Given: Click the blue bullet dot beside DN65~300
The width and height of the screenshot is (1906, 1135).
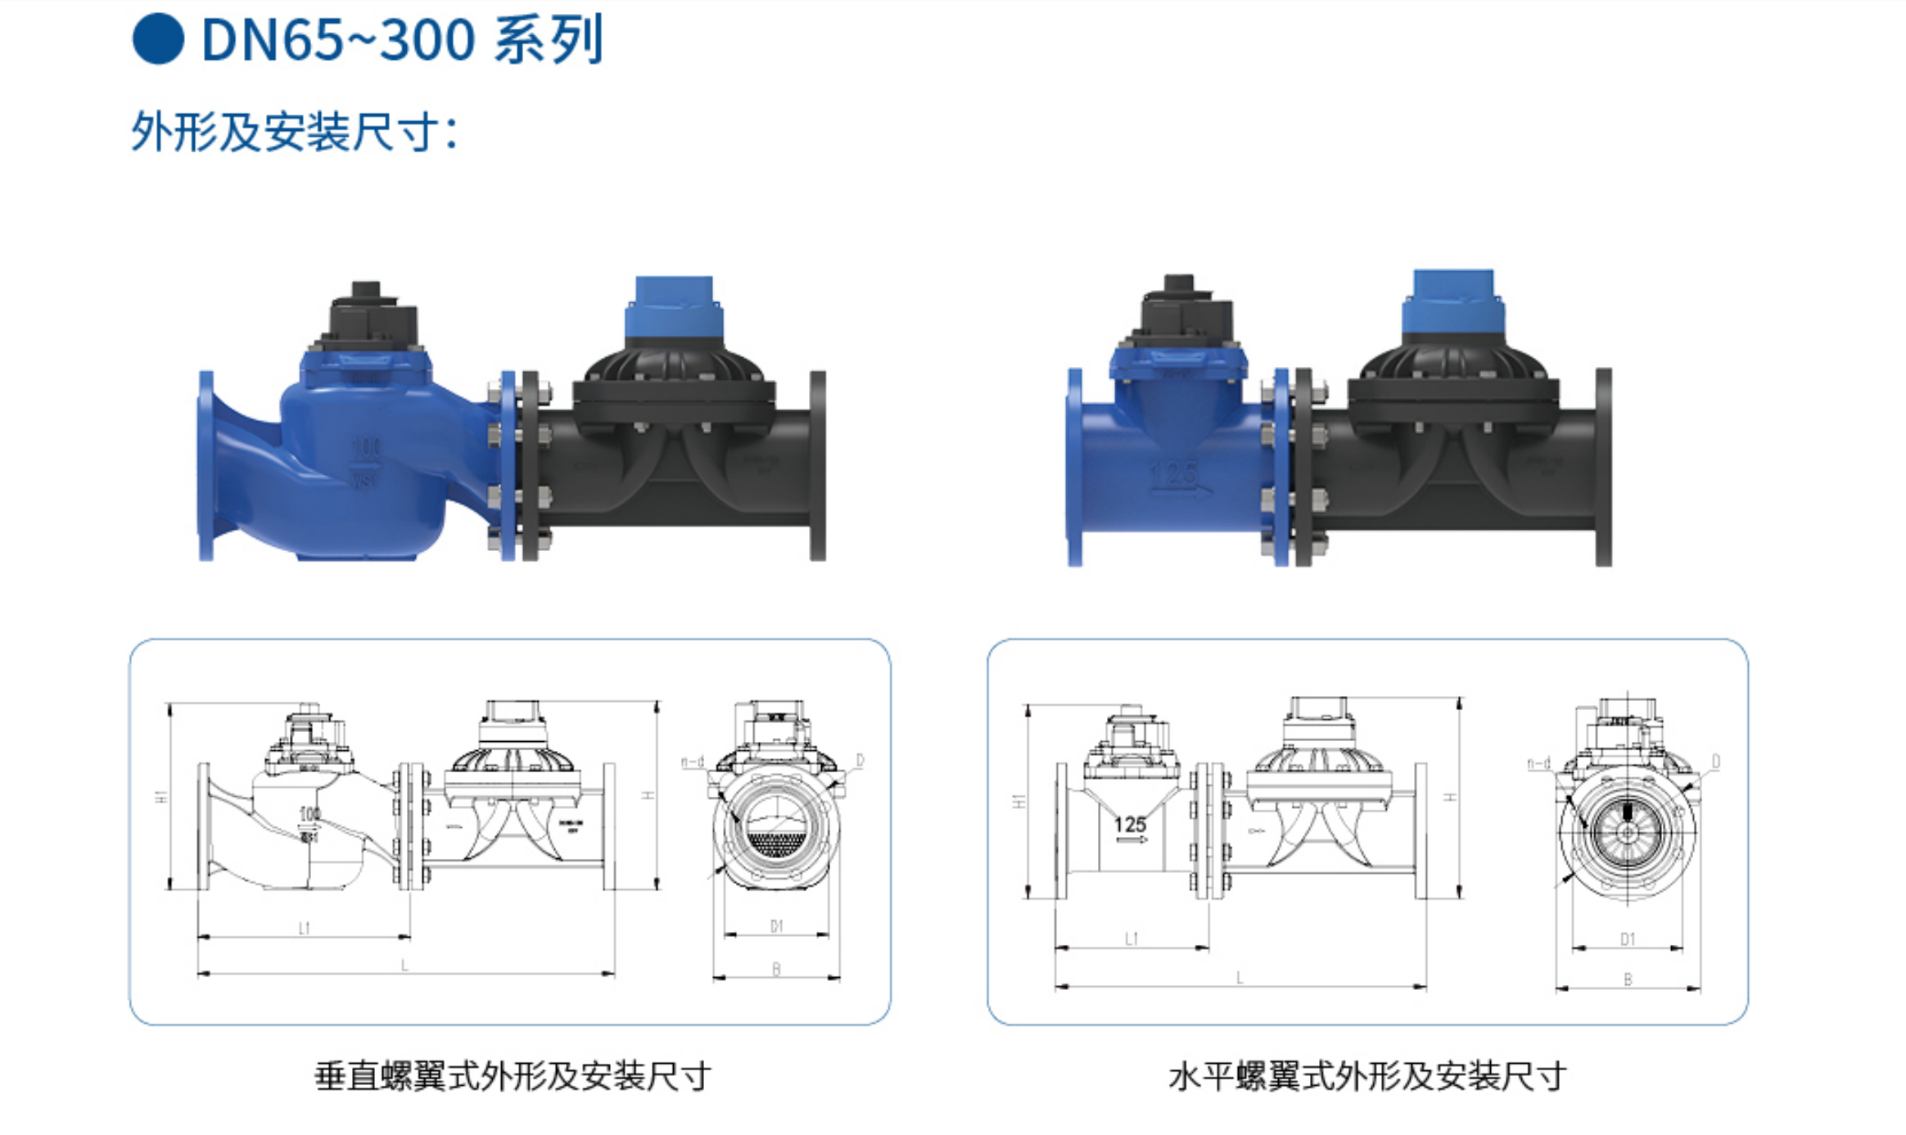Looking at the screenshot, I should coord(158,38).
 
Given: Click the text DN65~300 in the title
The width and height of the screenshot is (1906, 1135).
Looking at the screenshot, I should coord(337,40).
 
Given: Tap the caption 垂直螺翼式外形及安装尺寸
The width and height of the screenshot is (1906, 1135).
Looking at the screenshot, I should coord(513,1076).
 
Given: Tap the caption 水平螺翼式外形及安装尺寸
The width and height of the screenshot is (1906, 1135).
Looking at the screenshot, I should coord(1367,1076).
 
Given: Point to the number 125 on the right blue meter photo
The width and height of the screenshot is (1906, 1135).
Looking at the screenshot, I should coord(1173,474).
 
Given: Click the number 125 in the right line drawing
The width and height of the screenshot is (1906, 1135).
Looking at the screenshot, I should coord(1130,825).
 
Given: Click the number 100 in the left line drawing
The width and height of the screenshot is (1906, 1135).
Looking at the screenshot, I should coord(309,814).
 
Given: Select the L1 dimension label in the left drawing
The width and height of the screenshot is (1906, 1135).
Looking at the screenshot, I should coord(305,928).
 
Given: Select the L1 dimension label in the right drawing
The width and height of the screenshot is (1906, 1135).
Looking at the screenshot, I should coord(1131,938).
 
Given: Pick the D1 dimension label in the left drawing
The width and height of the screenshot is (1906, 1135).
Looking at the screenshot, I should coord(776,926).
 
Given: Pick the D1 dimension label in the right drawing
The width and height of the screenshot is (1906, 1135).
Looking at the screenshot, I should coord(1627,939).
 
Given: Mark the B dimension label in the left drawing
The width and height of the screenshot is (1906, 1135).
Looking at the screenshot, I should coord(776,969).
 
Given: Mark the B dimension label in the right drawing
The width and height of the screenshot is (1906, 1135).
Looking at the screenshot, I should coord(1628,979).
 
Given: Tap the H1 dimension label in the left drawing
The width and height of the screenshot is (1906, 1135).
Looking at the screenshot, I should coord(161,796).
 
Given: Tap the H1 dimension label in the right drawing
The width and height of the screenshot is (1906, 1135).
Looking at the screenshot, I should coord(1018,800).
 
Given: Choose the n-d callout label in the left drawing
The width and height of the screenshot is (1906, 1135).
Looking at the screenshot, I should coord(692,762).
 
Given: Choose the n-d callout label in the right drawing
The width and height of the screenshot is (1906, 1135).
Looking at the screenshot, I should coord(1538,764).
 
